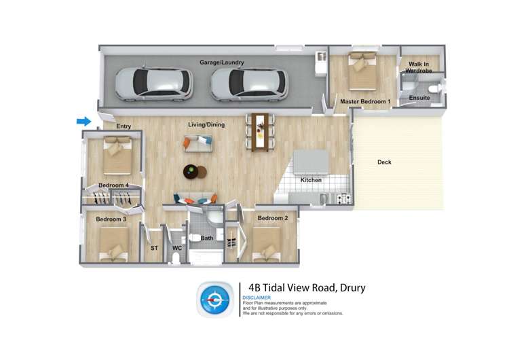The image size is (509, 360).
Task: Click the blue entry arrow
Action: pyautogui.click(x=83, y=122)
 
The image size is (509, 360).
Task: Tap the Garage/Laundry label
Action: pyautogui.click(x=221, y=62)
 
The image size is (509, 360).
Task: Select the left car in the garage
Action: pyautogui.click(x=153, y=83)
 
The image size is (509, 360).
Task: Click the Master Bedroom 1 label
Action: pyautogui.click(x=365, y=102)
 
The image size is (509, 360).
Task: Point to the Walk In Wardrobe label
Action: pyautogui.click(x=419, y=68)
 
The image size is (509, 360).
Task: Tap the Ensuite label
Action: pyautogui.click(x=419, y=98)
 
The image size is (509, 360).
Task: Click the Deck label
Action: pyautogui.click(x=384, y=162)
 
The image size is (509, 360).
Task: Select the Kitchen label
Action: pyautogui.click(x=311, y=180)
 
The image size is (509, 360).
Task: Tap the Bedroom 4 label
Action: pyautogui.click(x=113, y=185)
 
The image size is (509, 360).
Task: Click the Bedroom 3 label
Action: pyautogui.click(x=111, y=219)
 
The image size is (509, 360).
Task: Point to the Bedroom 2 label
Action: pyautogui.click(x=272, y=218)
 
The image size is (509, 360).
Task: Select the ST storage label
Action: pyautogui.click(x=154, y=249)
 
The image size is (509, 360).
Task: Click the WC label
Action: pyautogui.click(x=176, y=249)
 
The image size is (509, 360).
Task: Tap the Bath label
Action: pyautogui.click(x=206, y=238)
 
